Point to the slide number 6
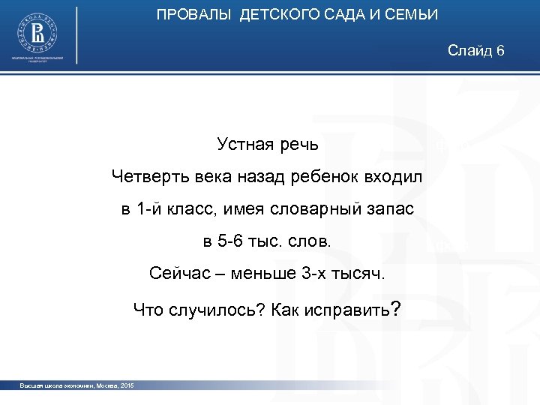point(500,50)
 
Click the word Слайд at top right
point(469,50)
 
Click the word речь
point(298,143)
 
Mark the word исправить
point(348,308)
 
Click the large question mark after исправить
point(395,307)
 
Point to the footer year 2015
point(125,385)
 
